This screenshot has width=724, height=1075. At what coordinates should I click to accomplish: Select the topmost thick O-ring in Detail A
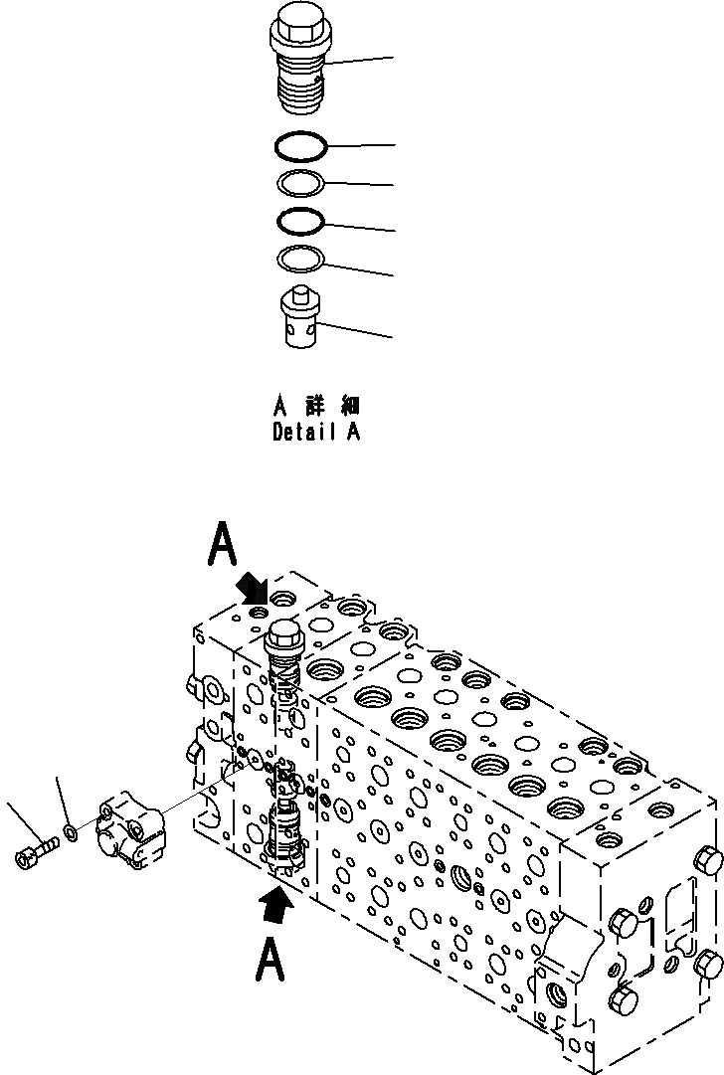(x=301, y=146)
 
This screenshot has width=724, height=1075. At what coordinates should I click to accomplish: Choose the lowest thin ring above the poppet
(x=301, y=258)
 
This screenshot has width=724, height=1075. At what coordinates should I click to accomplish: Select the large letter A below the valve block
(x=271, y=962)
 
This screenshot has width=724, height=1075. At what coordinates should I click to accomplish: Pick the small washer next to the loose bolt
(x=68, y=829)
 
